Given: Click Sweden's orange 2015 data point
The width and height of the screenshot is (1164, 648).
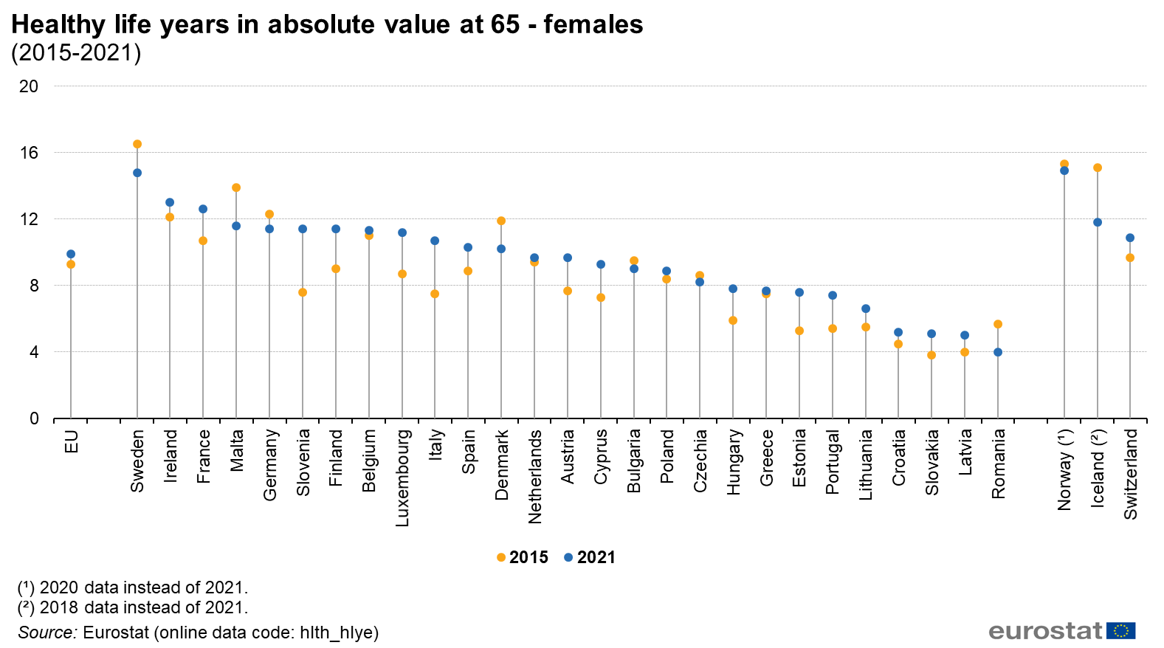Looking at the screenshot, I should pos(137,144).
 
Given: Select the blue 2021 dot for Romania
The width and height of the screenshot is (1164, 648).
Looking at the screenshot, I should pos(998,352).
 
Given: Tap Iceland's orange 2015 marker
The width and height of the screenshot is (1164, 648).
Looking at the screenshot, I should pos(1098,168).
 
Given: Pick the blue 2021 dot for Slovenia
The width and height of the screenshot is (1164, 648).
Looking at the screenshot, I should pos(303,229).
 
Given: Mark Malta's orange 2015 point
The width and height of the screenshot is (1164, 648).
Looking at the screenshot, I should pos(236,187).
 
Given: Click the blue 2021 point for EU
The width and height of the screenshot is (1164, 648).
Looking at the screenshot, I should pos(71,254).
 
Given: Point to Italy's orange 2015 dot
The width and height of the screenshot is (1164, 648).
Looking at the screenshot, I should pos(435,294).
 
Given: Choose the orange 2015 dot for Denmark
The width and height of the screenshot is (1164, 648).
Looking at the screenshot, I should pos(501,221).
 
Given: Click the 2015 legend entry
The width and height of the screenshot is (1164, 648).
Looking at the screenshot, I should pos(523,557).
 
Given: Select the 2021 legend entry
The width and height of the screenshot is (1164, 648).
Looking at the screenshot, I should pos(590,557).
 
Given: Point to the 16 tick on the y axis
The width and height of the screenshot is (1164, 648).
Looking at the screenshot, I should pos(29,153).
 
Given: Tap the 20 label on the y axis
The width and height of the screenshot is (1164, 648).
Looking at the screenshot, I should pos(29,86).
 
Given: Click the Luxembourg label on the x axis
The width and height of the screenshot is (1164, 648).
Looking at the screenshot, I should pos(402,478).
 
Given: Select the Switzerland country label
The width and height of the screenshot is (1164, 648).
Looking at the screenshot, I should pos(1131,474).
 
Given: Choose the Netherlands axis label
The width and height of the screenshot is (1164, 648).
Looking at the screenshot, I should pos(535,476).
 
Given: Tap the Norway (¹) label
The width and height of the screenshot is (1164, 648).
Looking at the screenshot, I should pos(1064,469).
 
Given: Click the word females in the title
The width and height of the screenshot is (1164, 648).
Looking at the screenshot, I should pos(593,24).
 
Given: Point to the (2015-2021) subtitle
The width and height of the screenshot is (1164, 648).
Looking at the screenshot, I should pos(76,53).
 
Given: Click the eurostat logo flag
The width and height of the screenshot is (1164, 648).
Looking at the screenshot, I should pos(1121,631).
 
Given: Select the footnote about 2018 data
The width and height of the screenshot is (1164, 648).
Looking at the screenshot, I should pos(133,607).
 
